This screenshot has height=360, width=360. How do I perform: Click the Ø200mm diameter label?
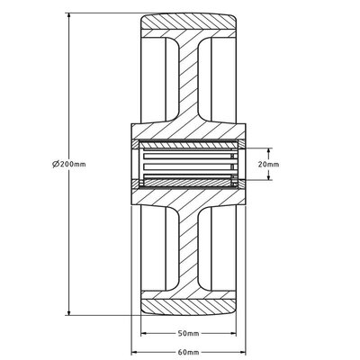70,165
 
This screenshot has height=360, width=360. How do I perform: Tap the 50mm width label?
188,332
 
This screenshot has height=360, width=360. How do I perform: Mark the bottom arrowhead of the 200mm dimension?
70,313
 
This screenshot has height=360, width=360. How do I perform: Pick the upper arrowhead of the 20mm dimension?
268,150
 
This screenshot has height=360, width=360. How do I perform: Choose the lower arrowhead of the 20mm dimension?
268,179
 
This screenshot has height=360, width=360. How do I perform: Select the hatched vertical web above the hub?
188,81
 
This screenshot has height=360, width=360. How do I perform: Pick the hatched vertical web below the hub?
188,247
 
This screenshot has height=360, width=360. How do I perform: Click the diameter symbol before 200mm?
57,165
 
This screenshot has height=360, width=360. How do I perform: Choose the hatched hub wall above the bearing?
188,131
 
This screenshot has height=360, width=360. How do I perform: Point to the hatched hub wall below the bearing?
188,198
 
